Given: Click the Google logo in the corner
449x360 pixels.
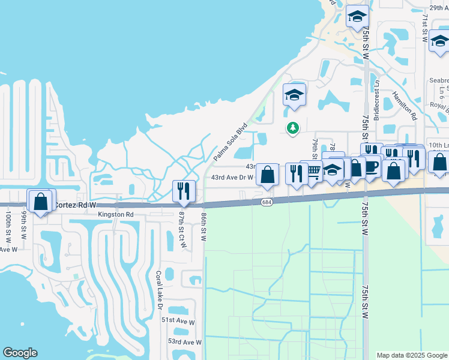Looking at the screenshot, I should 20,353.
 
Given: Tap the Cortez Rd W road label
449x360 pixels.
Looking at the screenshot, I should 76,205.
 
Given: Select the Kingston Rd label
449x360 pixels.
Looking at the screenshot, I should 117,214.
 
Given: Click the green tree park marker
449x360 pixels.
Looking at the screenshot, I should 293,128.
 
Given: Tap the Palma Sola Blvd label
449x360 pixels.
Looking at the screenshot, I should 231,142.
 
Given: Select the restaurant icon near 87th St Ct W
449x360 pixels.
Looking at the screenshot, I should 182,191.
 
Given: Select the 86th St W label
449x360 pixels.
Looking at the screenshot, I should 204,226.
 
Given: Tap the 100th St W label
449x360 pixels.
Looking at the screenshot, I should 8,225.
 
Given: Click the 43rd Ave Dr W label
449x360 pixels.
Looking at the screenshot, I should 232,177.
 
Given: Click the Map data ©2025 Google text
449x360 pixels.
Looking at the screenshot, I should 412,355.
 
